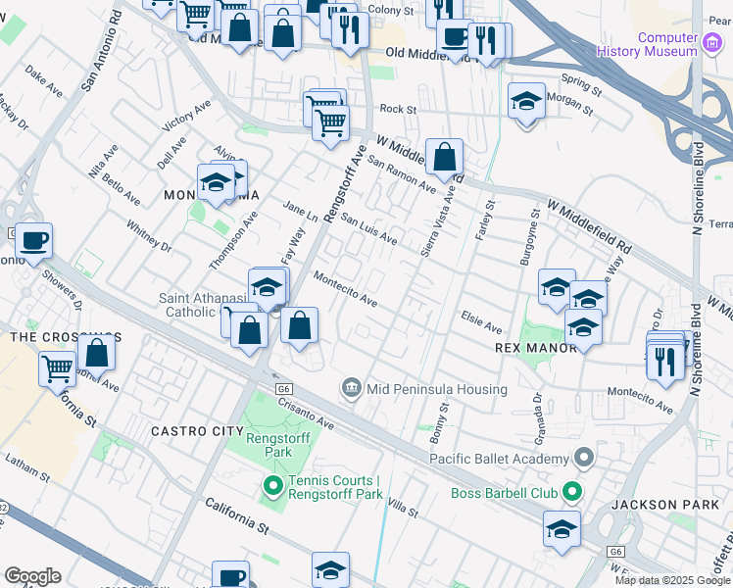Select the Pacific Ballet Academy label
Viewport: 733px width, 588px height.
(499, 459)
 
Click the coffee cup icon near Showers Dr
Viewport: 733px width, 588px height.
(34, 240)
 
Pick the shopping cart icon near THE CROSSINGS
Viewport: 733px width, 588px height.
(57, 368)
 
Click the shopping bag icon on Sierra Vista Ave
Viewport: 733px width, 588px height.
(444, 156)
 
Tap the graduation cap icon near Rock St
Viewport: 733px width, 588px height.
(526, 102)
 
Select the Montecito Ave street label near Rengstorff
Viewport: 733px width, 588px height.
(345, 288)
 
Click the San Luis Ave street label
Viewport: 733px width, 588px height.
(368, 231)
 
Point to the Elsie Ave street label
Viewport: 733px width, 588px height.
(481, 324)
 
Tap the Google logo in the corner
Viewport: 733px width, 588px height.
(32, 576)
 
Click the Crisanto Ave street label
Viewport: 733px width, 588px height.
(306, 413)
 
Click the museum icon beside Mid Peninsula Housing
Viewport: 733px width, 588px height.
(351, 389)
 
